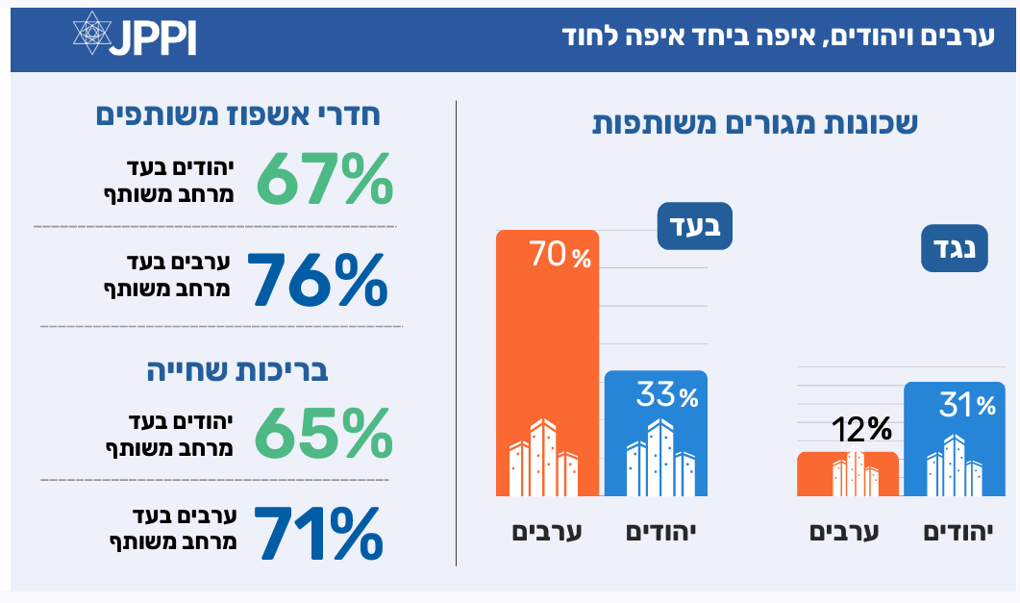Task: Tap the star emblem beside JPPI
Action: click(92, 35)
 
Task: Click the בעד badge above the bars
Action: click(694, 228)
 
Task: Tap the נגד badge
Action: click(955, 248)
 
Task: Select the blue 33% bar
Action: click(656, 433)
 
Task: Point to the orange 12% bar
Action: click(848, 473)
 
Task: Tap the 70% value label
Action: click(560, 256)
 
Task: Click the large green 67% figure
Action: click(324, 179)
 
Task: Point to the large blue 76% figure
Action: click(317, 279)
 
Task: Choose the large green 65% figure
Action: click(324, 434)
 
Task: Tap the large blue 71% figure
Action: click(317, 533)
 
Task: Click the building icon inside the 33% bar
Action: click(660, 458)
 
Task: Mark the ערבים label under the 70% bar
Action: click(547, 531)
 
